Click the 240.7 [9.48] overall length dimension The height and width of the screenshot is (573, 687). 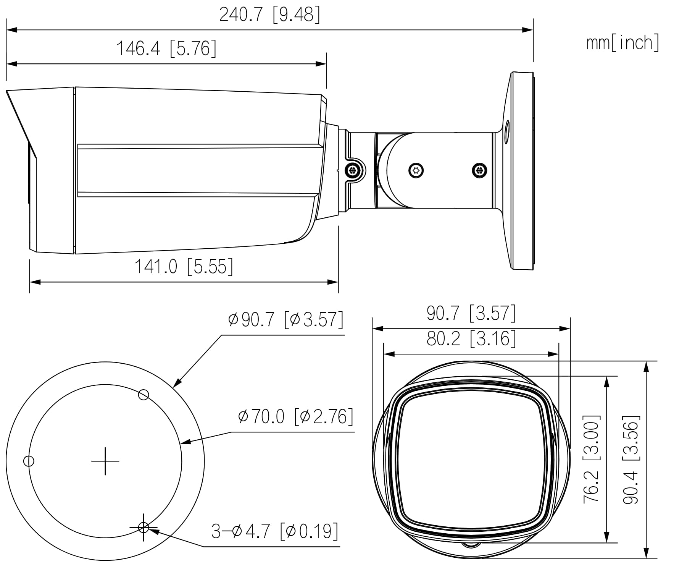click(269, 15)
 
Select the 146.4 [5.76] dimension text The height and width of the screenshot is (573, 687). click(166, 49)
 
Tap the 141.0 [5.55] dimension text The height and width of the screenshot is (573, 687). click(184, 266)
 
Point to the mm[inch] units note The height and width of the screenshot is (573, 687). click(622, 42)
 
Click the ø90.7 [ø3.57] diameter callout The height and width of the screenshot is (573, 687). click(285, 319)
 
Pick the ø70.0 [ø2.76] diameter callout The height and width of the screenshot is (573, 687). click(295, 416)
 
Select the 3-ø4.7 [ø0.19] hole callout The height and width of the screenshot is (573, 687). click(275, 531)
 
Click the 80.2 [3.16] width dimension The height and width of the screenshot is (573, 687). click(471, 338)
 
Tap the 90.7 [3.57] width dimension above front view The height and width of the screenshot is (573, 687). click(471, 313)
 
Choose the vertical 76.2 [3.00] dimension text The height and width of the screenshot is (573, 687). click(592, 459)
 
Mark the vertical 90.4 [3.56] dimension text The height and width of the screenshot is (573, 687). click(631, 459)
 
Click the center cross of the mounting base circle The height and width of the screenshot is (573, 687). click(105, 461)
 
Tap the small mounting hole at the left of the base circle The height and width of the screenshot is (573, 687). click(29, 461)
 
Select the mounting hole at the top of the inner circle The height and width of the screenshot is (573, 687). click(144, 395)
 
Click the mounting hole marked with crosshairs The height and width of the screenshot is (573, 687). click(144, 528)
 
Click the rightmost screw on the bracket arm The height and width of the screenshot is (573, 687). click(479, 170)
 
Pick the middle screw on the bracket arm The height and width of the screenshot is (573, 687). click(416, 170)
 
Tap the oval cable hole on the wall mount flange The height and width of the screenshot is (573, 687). click(507, 132)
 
